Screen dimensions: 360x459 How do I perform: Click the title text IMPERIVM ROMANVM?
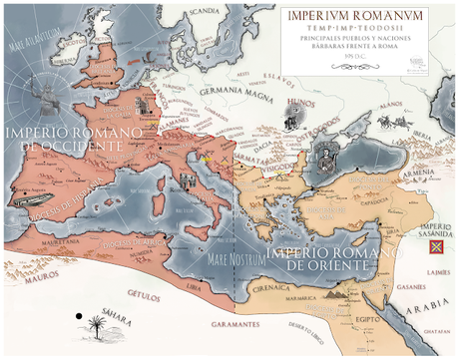pos(356,16)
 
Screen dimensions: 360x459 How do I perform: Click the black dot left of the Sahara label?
pos(77,317)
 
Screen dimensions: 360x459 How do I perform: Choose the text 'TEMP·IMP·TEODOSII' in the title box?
pos(356,30)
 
